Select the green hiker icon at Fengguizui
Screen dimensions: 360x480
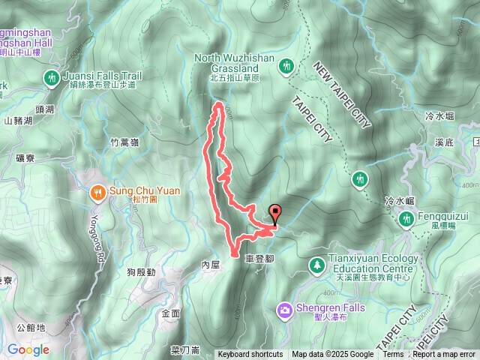pyautogui.click(x=406, y=218)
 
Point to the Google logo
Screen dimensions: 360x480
pyautogui.click(x=28, y=349)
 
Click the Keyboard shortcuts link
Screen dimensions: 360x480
pyautogui.click(x=250, y=355)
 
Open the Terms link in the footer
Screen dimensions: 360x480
pyautogui.click(x=393, y=355)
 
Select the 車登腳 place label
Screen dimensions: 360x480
pyautogui.click(x=258, y=256)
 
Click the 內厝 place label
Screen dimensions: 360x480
pyautogui.click(x=211, y=265)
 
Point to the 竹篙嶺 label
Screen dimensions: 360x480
pyautogui.click(x=124, y=142)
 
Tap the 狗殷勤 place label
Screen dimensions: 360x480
pyautogui.click(x=141, y=271)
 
